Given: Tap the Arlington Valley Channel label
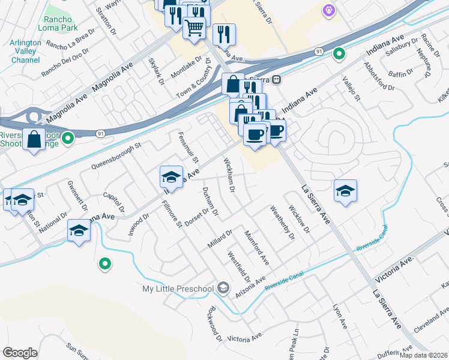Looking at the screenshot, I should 26,52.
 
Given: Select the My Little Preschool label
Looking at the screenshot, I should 178,289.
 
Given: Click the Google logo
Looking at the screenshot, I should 20,353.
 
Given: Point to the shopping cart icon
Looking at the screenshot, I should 194,28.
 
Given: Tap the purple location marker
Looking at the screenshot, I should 328,10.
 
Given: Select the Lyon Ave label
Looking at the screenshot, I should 340,316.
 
